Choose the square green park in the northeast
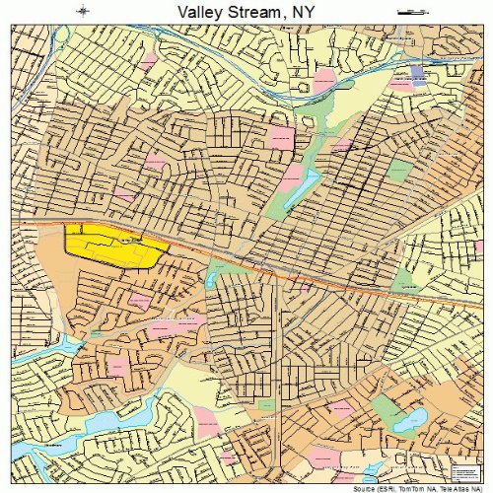click(398, 170)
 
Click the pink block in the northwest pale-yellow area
click(148, 61)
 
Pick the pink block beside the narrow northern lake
click(290, 177)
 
